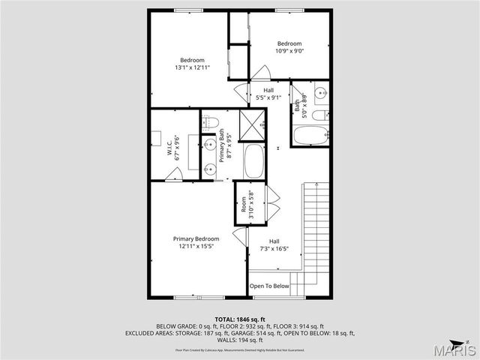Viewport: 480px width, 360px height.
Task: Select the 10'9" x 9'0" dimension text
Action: pos(289,52)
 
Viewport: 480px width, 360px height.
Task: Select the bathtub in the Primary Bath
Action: pos(253,161)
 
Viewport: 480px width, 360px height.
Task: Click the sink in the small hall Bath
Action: pos(320,93)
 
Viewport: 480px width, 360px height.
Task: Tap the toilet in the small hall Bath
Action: pos(317,115)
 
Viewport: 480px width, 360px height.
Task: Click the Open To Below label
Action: pos(269,286)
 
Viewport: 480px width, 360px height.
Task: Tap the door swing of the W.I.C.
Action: pos(174,175)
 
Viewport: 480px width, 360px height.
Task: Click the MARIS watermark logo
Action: pos(457,349)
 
